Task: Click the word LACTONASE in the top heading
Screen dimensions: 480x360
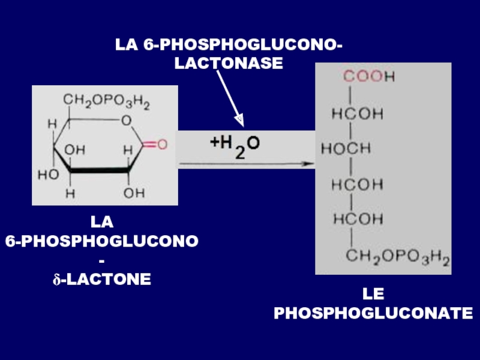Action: tap(228, 62)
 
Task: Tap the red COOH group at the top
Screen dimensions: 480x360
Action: tap(368, 77)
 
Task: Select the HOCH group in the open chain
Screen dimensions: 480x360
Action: tap(346, 148)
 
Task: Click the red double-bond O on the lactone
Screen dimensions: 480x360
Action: tap(163, 145)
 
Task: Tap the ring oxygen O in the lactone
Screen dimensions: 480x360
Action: tap(126, 121)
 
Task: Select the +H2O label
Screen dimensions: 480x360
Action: tap(234, 145)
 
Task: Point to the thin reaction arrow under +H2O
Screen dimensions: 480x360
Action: tap(246, 163)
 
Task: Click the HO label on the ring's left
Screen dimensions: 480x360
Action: tap(48, 175)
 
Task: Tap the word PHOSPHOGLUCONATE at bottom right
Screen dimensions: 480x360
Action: tap(373, 313)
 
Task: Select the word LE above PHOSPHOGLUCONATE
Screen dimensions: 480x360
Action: tap(373, 294)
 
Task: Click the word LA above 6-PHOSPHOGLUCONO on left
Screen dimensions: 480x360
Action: tap(102, 223)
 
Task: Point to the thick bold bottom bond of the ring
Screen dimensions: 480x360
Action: tap(98, 172)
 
